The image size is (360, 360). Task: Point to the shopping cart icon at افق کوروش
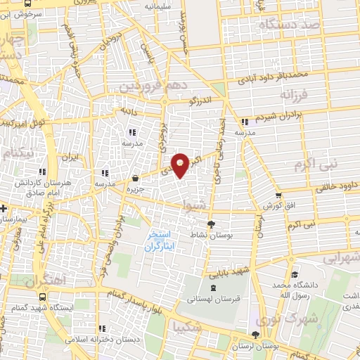[279, 196]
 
